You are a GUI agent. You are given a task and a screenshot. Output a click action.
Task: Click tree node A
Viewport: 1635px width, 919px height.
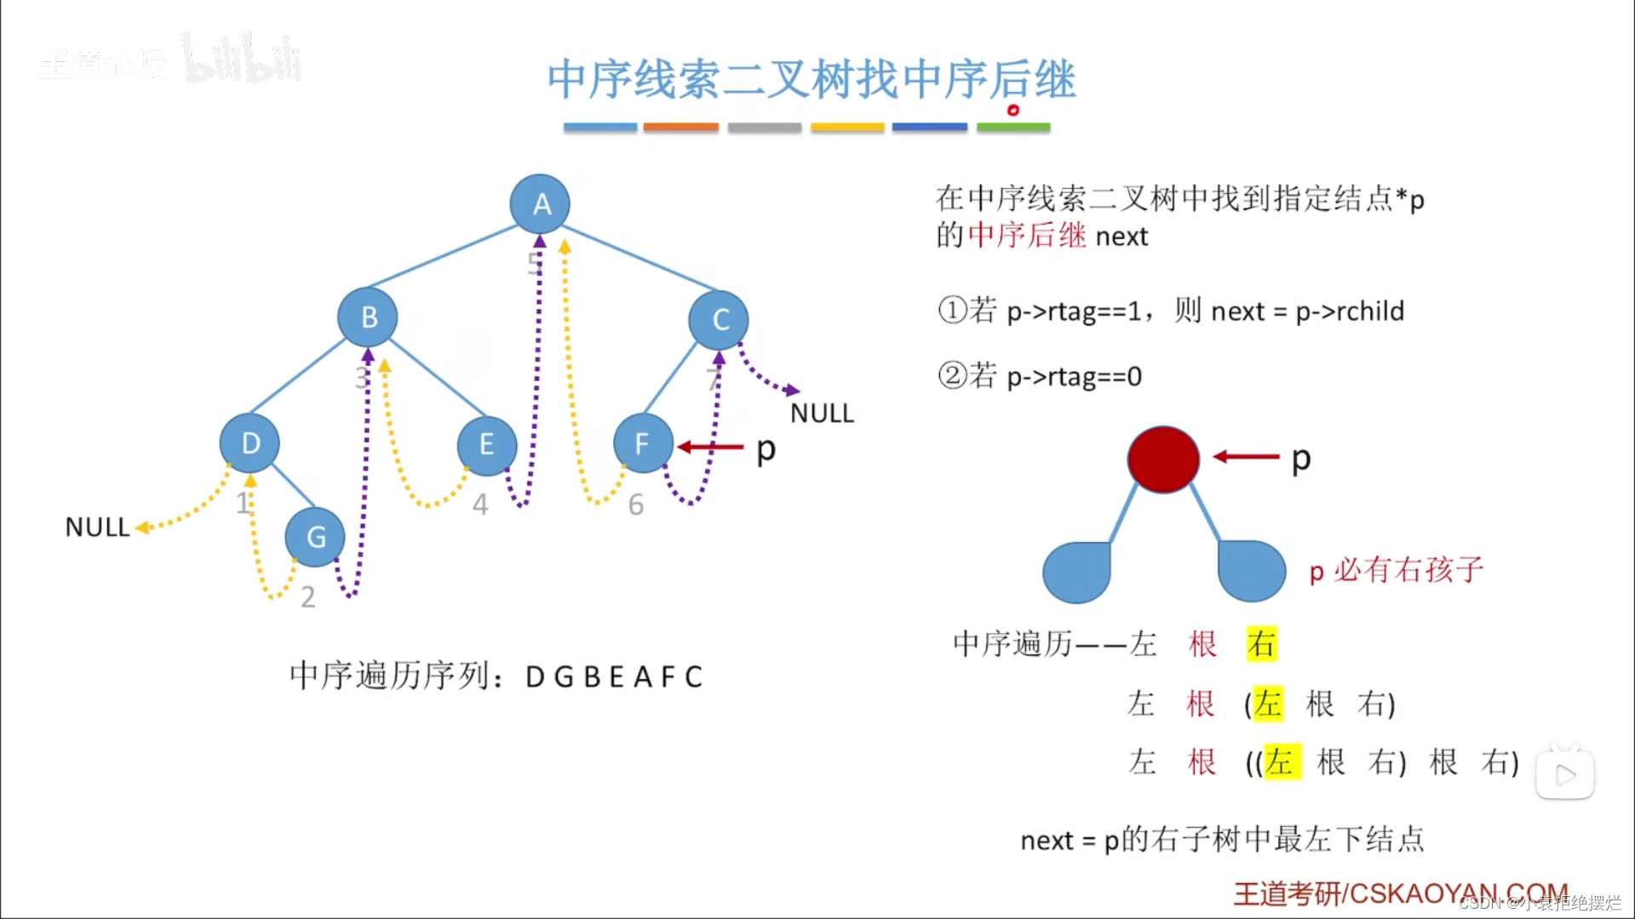point(540,204)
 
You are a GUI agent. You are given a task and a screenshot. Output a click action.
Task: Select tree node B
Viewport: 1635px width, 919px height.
point(368,317)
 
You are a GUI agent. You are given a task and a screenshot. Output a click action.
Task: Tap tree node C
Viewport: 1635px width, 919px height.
point(719,320)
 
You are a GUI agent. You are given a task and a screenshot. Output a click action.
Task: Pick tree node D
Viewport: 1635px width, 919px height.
point(250,443)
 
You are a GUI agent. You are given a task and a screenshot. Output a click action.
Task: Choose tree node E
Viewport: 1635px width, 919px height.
point(486,444)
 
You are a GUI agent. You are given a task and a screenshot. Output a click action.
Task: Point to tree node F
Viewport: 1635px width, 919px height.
point(643,443)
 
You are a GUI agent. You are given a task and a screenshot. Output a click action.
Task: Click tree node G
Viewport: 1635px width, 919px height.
point(315,537)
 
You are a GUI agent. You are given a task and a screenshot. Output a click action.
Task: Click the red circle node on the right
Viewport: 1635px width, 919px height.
point(1163,459)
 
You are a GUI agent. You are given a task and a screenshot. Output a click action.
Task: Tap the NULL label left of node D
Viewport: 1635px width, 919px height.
point(97,528)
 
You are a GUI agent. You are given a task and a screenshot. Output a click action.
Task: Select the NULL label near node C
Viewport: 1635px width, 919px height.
point(822,414)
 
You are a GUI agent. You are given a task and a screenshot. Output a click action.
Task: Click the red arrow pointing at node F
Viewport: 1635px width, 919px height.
point(710,447)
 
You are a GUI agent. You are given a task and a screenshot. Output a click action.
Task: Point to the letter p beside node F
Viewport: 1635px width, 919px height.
point(766,449)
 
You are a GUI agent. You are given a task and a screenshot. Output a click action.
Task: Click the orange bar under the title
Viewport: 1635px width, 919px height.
point(680,128)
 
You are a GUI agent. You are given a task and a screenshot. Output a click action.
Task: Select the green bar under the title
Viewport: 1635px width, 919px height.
point(1013,128)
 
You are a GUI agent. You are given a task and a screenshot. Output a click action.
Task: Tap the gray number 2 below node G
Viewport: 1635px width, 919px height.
point(308,597)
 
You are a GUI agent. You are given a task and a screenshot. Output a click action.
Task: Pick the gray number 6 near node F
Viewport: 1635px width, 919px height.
point(636,505)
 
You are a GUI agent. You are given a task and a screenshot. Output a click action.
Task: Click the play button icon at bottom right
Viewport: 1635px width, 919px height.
point(1565,775)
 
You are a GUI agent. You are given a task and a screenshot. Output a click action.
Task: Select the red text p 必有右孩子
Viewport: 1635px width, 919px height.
point(1397,570)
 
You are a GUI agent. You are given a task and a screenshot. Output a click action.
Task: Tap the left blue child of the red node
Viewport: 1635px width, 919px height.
point(1077,572)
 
